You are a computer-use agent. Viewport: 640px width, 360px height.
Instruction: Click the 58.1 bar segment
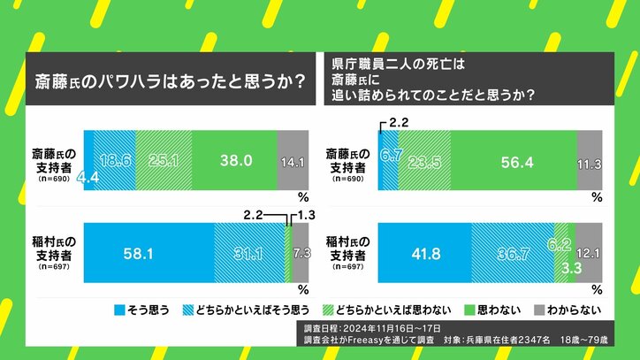point(149,252)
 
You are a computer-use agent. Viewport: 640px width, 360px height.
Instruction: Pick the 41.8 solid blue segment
point(424,252)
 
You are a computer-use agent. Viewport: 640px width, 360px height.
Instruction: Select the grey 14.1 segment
point(289,161)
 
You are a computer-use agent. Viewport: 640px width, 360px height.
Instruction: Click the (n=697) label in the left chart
point(53,267)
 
